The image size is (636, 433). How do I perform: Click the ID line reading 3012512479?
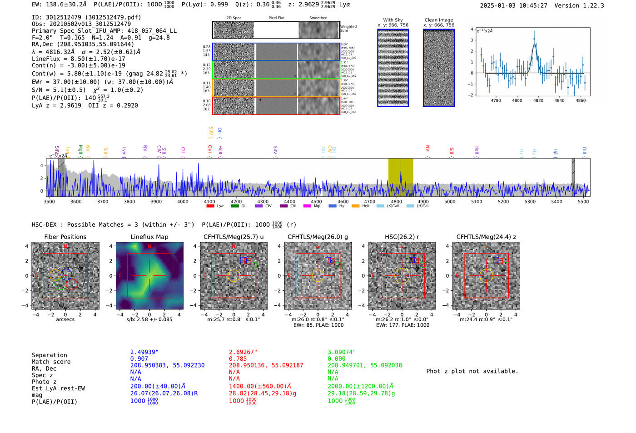(86, 17)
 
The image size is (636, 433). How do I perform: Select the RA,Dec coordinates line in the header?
(83, 44)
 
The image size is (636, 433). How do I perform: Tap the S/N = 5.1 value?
(59, 90)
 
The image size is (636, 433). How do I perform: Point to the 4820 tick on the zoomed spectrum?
(538, 100)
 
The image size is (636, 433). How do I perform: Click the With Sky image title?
(393, 20)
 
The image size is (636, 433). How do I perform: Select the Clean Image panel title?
(438, 20)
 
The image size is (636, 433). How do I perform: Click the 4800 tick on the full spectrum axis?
(397, 201)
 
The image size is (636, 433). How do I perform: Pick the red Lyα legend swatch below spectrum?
(210, 206)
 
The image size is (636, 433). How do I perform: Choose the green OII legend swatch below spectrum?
(234, 206)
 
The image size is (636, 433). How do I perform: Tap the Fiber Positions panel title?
(65, 237)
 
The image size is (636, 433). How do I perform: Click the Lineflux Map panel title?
(149, 237)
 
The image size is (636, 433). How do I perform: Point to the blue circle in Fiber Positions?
(66, 274)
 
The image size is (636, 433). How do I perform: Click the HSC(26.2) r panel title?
(402, 237)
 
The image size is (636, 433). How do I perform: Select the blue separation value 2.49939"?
(144, 352)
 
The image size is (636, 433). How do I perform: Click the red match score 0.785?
(238, 358)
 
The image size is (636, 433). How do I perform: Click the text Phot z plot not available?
(472, 371)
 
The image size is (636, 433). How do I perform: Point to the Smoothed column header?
(318, 18)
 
